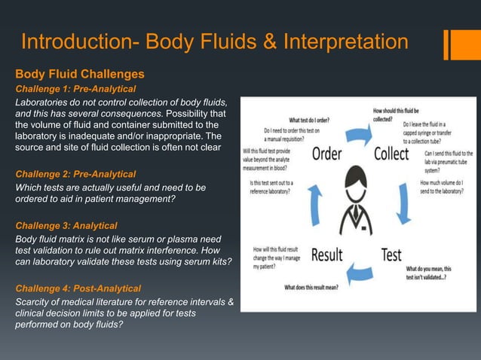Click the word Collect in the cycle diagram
[x=391, y=155]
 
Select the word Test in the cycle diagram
[x=391, y=254]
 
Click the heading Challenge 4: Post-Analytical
[x=78, y=288]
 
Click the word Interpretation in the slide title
[x=345, y=42]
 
